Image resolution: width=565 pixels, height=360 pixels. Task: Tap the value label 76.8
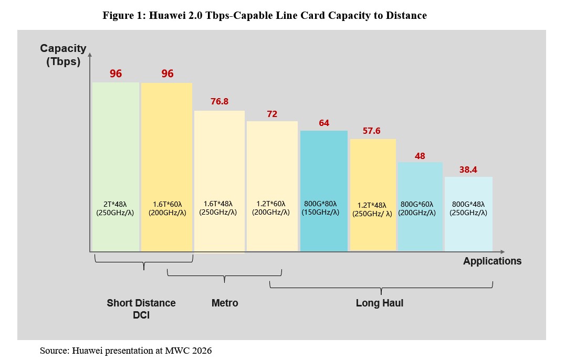click(x=219, y=101)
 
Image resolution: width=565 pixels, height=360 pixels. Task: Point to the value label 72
click(x=272, y=113)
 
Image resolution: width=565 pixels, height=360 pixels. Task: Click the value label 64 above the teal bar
click(x=324, y=123)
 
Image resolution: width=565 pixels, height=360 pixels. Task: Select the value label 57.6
click(x=371, y=131)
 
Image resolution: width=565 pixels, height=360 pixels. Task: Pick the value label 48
click(x=420, y=156)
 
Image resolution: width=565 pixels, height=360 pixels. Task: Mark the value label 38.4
click(x=468, y=170)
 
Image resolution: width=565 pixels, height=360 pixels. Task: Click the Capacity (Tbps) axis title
click(x=63, y=55)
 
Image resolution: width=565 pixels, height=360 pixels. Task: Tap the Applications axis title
click(x=492, y=261)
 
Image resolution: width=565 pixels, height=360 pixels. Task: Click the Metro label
click(x=225, y=303)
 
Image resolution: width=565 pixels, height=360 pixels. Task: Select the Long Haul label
click(x=379, y=303)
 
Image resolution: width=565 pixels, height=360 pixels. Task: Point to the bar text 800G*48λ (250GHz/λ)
click(x=468, y=208)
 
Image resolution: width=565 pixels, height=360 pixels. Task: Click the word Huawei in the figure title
click(x=169, y=16)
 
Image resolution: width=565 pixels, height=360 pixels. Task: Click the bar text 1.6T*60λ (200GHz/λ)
click(x=166, y=208)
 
